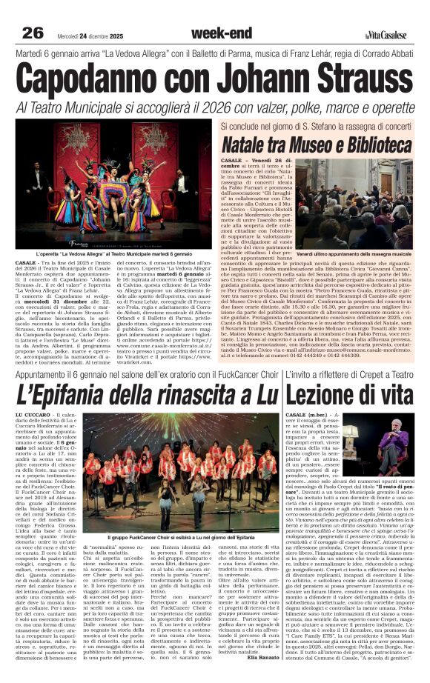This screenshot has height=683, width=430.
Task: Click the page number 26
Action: point(32,32)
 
